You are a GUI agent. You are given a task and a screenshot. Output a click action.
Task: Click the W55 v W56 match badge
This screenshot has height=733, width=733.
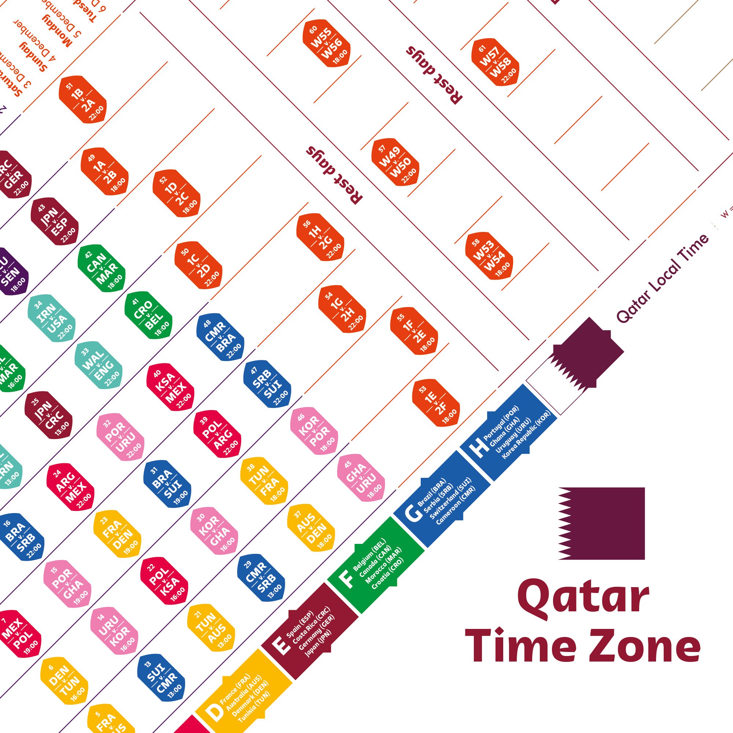[326, 43]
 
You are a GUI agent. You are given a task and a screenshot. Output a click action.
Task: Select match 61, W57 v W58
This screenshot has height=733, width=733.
[495, 62]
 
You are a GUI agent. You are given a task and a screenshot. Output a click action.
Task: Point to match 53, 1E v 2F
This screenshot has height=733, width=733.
[436, 403]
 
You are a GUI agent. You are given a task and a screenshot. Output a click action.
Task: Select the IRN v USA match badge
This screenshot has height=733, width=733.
[52, 318]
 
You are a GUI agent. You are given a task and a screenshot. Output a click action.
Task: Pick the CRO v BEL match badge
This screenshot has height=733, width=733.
[148, 315]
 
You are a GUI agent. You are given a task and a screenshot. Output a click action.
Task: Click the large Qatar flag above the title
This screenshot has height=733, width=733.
[601, 524]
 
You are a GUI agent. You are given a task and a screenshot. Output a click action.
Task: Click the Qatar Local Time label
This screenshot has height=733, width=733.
[662, 279]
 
